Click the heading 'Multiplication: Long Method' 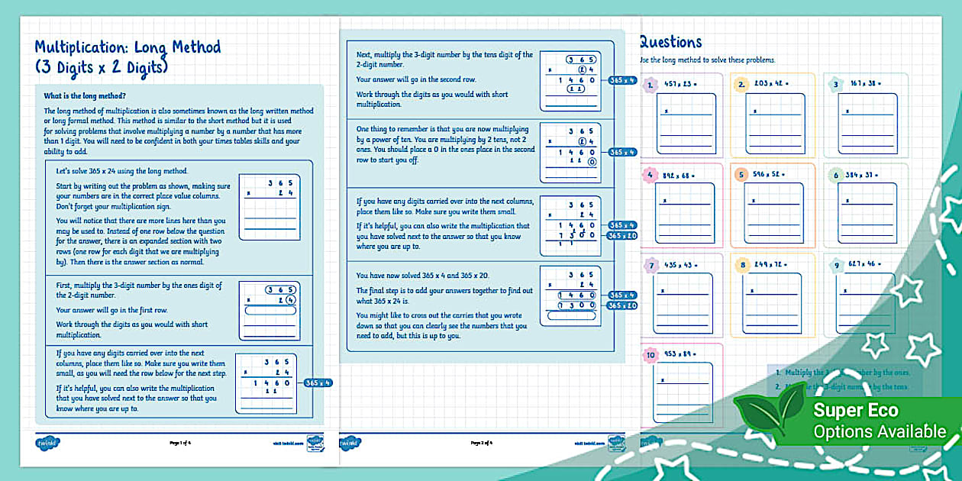point(128,47)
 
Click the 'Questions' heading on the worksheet point(670,43)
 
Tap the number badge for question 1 point(650,85)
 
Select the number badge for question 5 point(741,175)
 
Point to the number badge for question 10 point(650,355)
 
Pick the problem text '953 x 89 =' point(681,355)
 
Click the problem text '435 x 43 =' point(681,265)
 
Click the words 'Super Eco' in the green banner point(845,411)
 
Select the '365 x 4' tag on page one point(318,383)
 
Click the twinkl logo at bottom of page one point(47,443)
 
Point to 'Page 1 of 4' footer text point(181,443)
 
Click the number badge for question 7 point(650,265)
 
